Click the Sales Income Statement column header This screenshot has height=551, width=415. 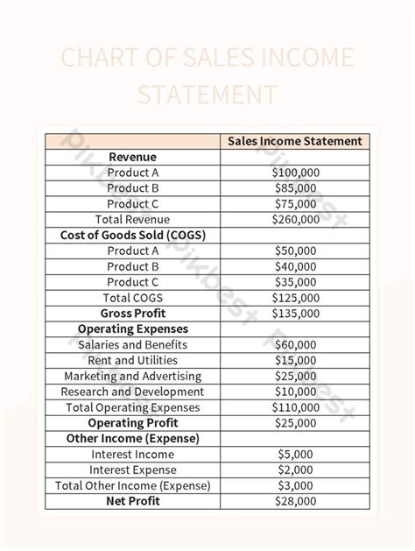pyautogui.click(x=295, y=141)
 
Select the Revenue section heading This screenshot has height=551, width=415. pyautogui.click(x=133, y=157)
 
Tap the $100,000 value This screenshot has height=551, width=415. pyautogui.click(x=295, y=173)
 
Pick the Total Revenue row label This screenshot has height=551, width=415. pyautogui.click(x=133, y=220)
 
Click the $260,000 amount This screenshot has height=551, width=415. pyautogui.click(x=295, y=220)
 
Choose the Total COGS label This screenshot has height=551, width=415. pyautogui.click(x=133, y=298)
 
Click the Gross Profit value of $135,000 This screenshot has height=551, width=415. pyautogui.click(x=295, y=314)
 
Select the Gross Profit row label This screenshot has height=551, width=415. pyautogui.click(x=133, y=314)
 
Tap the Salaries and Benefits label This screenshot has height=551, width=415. pyautogui.click(x=133, y=345)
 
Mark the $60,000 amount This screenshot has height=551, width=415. pyautogui.click(x=295, y=345)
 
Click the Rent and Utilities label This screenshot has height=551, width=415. pyautogui.click(x=133, y=360)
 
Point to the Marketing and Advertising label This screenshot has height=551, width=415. pyautogui.click(x=133, y=376)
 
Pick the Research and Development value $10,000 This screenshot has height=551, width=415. pyautogui.click(x=295, y=392)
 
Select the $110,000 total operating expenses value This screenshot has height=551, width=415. pyautogui.click(x=295, y=407)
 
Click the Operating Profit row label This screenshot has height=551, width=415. pyautogui.click(x=133, y=423)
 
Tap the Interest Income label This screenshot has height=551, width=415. pyautogui.click(x=133, y=455)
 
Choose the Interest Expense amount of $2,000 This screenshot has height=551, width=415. pyautogui.click(x=295, y=470)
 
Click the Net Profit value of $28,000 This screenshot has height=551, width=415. pyautogui.click(x=295, y=501)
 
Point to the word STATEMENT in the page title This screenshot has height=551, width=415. pyautogui.click(x=207, y=95)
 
